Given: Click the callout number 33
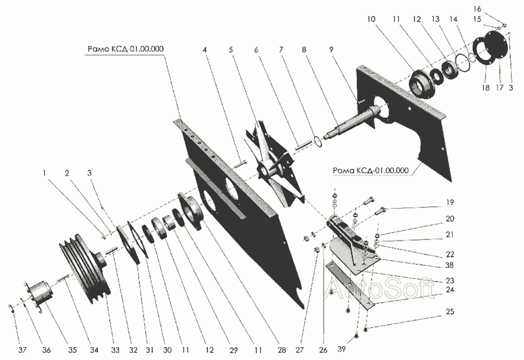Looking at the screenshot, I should (x=115, y=350).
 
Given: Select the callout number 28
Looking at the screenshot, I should (x=282, y=350).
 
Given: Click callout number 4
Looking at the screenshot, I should (x=204, y=50).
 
